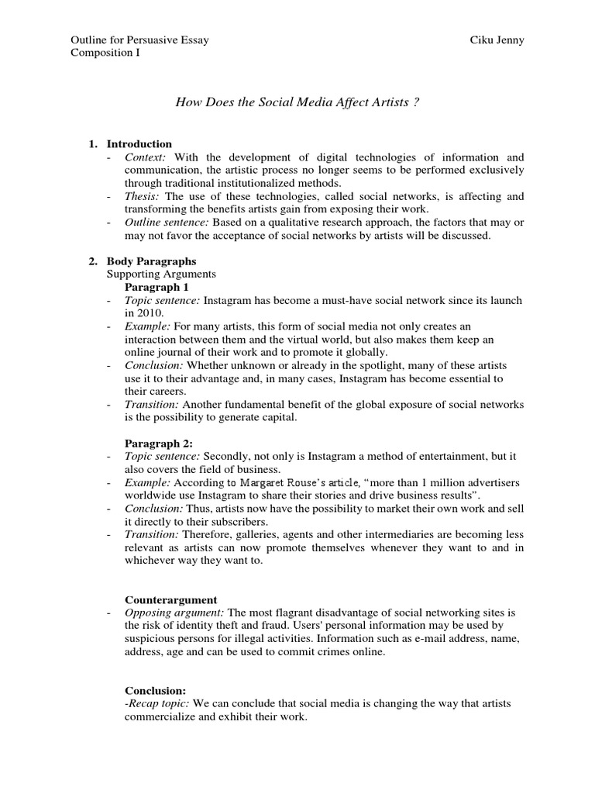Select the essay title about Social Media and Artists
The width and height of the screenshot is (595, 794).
click(297, 103)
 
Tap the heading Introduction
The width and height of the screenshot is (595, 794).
click(139, 144)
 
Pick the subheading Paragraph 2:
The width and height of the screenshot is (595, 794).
click(157, 444)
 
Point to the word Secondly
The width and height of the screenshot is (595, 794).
click(228, 457)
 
